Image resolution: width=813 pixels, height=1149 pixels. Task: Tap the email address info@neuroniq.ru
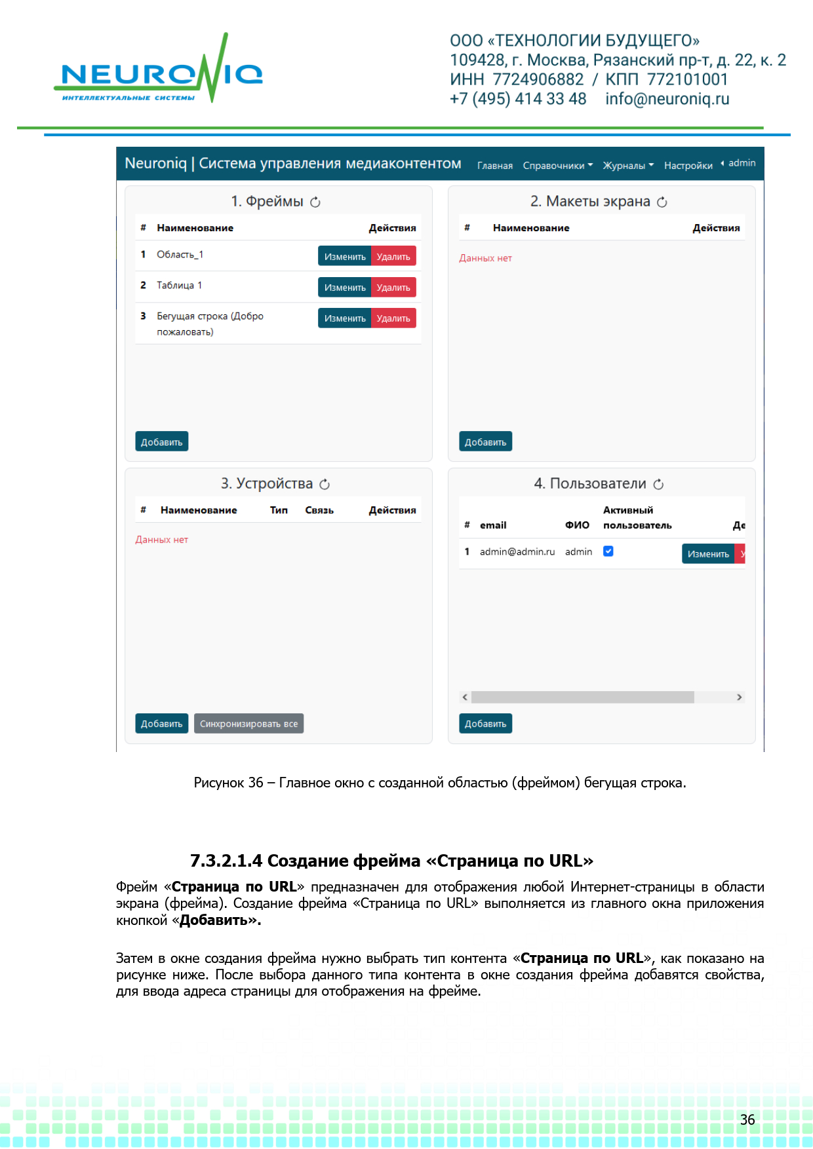click(667, 99)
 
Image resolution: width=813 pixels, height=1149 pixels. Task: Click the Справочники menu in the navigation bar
click(557, 166)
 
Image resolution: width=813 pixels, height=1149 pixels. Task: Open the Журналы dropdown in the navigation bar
click(627, 166)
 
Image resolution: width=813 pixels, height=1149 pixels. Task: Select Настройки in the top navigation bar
click(688, 166)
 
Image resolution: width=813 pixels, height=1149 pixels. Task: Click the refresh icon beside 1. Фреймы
click(315, 202)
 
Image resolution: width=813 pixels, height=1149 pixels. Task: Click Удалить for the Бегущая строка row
click(393, 318)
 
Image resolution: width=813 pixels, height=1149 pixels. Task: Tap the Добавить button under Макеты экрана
click(485, 442)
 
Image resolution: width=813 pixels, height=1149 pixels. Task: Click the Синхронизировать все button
click(248, 724)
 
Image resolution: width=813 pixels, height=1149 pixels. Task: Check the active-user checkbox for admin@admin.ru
click(608, 552)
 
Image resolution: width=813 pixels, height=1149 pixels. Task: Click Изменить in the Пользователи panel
click(708, 554)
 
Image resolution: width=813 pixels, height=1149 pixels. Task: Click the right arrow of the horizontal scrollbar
click(740, 697)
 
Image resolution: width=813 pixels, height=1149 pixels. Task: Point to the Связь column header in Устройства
click(319, 510)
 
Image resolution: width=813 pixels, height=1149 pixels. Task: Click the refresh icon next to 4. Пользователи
click(659, 484)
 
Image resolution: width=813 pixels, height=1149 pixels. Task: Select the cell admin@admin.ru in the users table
click(517, 552)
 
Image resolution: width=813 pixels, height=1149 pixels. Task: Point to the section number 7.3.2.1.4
click(226, 861)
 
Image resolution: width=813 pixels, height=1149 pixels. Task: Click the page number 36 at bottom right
click(747, 1120)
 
